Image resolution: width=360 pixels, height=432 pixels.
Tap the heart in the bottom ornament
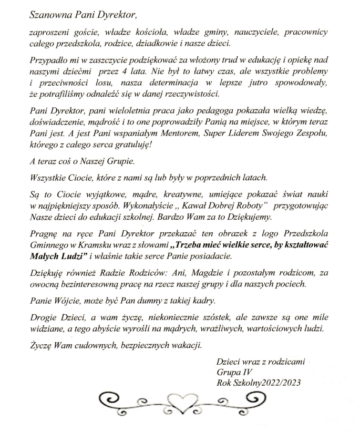179,404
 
